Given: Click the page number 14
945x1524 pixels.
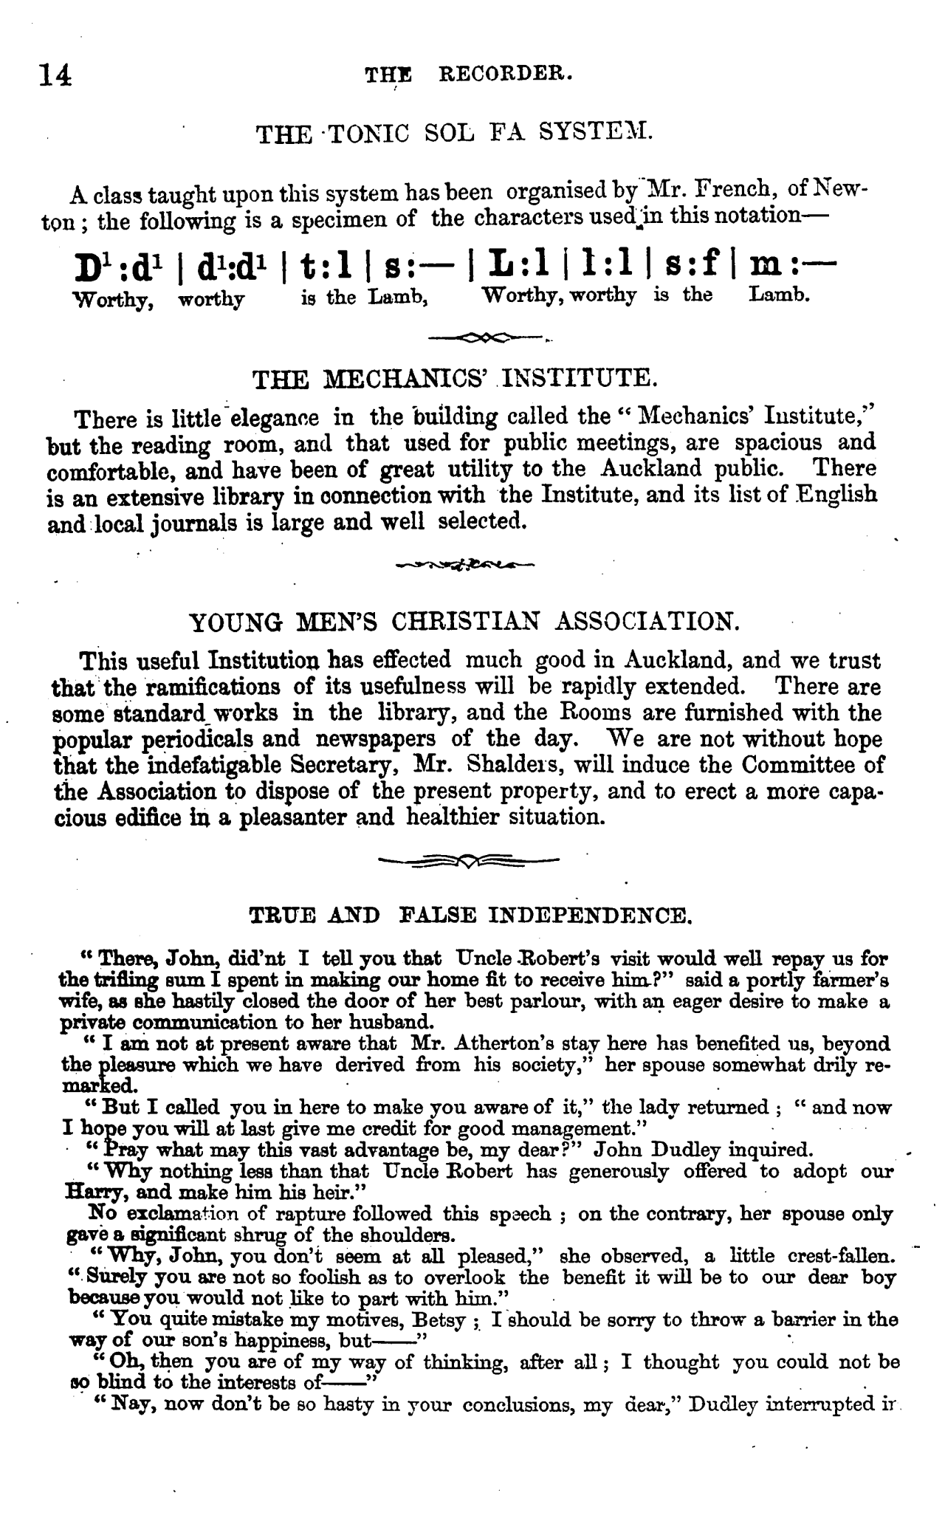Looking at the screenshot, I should (x=56, y=75).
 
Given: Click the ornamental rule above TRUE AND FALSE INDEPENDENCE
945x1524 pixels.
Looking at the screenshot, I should (x=468, y=860).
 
